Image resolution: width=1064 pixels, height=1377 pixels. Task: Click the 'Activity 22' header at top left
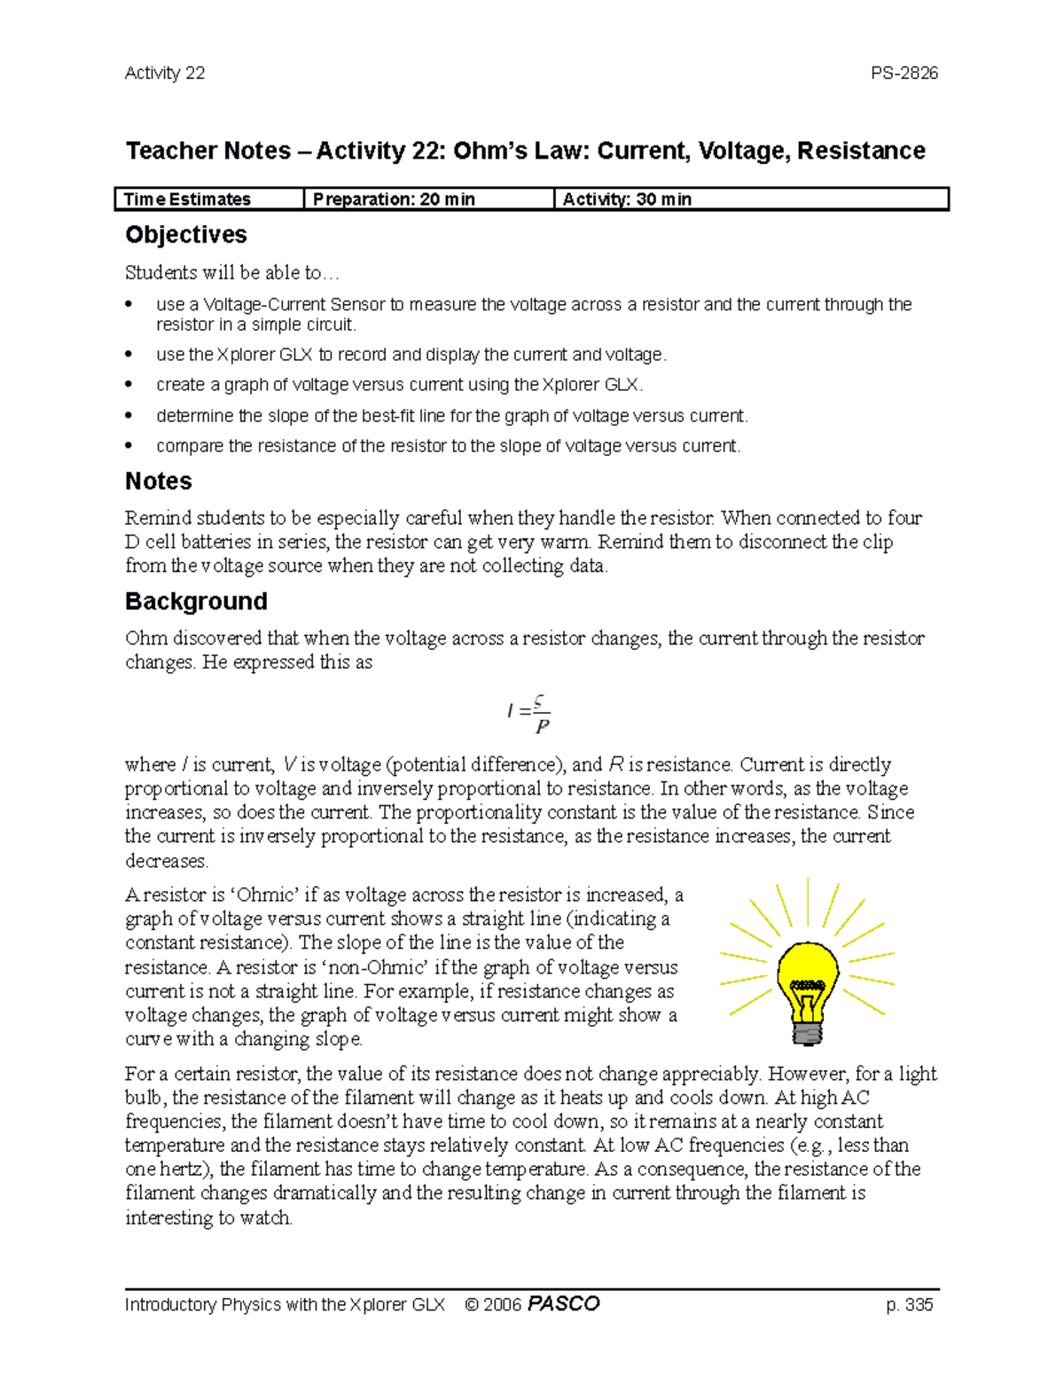[x=165, y=74]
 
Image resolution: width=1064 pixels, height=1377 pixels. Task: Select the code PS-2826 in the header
[x=904, y=74]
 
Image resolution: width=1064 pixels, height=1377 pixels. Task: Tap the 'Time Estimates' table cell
[x=187, y=200]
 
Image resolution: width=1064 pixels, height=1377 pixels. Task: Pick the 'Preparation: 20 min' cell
[x=394, y=200]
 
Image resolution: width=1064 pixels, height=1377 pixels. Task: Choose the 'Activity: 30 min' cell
[x=627, y=200]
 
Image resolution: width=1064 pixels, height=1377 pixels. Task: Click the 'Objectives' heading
[x=186, y=235]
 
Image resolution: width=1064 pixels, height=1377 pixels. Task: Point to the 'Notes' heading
[x=159, y=481]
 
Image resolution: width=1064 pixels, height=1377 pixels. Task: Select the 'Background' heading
[x=196, y=602]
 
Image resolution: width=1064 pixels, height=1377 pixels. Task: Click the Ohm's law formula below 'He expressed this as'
[x=530, y=714]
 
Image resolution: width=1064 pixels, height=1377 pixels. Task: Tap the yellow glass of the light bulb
[x=807, y=966]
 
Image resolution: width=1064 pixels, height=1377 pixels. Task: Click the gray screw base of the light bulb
[x=807, y=1033]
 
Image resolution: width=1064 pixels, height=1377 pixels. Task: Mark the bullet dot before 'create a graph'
[x=129, y=386]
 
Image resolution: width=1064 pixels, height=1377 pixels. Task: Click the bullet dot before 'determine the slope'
[x=129, y=416]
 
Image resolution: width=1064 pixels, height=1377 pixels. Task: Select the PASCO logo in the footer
[x=563, y=1304]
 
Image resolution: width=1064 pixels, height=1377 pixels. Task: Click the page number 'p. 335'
[x=909, y=1305]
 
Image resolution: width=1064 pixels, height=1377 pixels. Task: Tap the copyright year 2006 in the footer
[x=502, y=1305]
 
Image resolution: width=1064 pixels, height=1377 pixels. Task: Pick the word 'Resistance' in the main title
[x=861, y=152]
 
